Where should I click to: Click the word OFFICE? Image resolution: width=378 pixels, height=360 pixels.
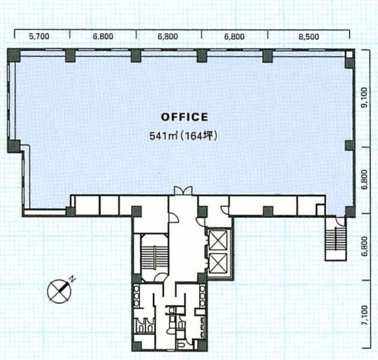184,117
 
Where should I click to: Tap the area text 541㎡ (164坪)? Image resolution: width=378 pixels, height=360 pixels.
183,136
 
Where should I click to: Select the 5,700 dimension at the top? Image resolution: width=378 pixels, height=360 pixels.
39,36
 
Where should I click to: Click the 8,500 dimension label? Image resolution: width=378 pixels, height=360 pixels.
309,37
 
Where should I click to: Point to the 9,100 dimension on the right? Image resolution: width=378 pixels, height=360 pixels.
365,97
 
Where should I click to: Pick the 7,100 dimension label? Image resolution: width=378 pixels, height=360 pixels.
365,315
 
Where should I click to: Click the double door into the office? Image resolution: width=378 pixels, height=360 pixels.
183,190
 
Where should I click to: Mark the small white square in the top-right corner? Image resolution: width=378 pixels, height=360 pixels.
349,54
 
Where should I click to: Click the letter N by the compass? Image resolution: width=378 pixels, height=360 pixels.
72,280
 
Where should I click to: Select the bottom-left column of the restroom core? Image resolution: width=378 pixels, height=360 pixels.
137,346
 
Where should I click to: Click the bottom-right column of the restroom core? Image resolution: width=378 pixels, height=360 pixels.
202,345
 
